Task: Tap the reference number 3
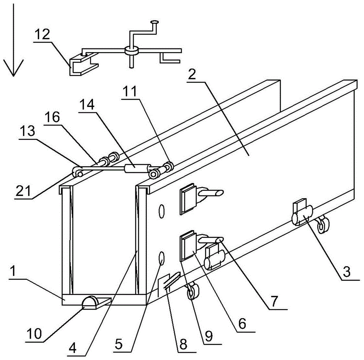(x=347, y=272)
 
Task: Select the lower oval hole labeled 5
(x=162, y=259)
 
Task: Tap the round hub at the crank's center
(x=131, y=51)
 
